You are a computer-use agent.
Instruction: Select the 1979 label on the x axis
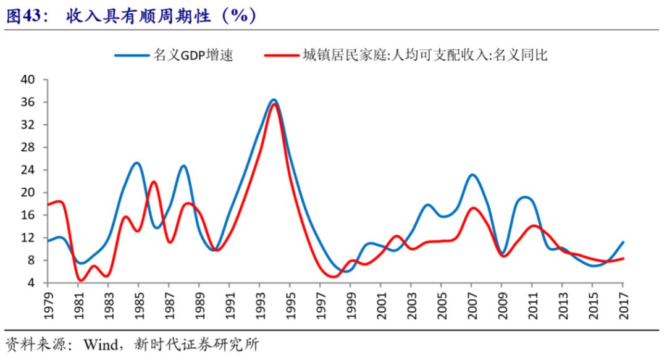point(49,304)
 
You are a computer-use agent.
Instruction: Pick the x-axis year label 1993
point(260,304)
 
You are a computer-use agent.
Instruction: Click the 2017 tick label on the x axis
point(623,304)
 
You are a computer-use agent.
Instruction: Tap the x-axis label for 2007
point(472,304)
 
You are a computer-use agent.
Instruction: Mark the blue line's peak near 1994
point(274,99)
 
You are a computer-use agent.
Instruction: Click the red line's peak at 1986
point(154,182)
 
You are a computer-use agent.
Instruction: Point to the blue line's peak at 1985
point(137,163)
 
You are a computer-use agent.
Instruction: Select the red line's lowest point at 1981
point(80,280)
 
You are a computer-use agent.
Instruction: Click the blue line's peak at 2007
point(472,175)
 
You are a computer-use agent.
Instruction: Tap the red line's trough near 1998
point(333,277)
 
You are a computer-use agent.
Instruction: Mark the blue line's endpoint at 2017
point(623,242)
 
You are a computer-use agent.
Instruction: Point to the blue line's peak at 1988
point(183,165)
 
